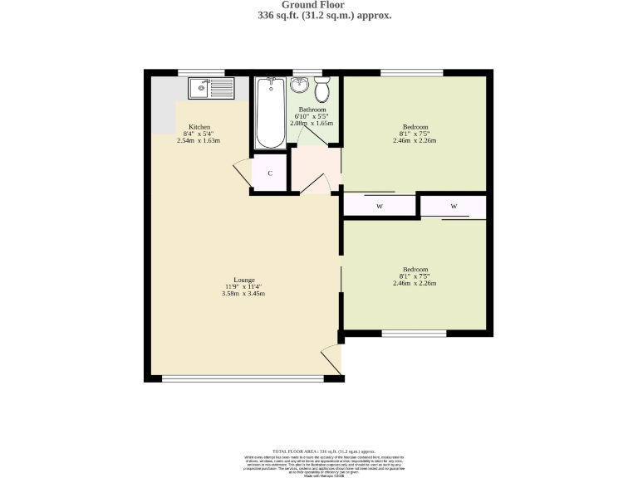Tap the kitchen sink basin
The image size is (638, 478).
202,86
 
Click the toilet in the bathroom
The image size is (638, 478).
321,88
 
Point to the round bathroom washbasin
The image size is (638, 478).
301,85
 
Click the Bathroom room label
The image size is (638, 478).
312,110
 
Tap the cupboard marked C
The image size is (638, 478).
270,173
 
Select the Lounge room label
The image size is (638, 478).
243,280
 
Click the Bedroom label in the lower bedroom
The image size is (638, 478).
415,270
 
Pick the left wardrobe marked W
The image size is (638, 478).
379,206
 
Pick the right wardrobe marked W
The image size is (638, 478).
454,206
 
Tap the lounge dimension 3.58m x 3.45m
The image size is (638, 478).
243,294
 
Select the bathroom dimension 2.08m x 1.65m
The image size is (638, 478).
312,123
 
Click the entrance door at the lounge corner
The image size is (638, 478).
331,358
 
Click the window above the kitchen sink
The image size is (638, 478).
201,72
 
